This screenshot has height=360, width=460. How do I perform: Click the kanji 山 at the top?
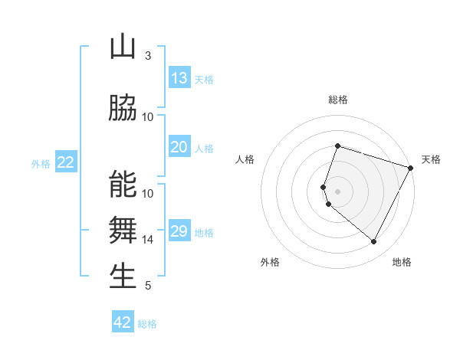pyautogui.click(x=123, y=47)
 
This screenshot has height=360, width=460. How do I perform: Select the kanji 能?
pyautogui.click(x=123, y=185)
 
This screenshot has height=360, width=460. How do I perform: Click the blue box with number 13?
pyautogui.click(x=179, y=78)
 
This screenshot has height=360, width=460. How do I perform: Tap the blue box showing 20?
pyautogui.click(x=179, y=148)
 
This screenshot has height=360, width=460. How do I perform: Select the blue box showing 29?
pyautogui.click(x=179, y=232)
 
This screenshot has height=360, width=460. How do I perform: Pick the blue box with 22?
pyautogui.click(x=66, y=162)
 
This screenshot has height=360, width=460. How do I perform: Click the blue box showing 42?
pyautogui.click(x=123, y=322)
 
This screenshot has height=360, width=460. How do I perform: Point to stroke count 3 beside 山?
pyautogui.click(x=148, y=56)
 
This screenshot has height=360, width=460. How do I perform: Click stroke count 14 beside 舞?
pyautogui.click(x=148, y=240)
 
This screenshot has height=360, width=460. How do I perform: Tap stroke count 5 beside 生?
pyautogui.click(x=148, y=286)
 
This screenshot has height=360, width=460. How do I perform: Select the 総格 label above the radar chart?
pyautogui.click(x=337, y=100)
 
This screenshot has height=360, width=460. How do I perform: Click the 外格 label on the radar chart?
pyautogui.click(x=270, y=262)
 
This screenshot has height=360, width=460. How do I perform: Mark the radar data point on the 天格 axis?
pyautogui.click(x=411, y=168)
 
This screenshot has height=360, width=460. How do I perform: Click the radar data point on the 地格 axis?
pyautogui.click(x=374, y=242)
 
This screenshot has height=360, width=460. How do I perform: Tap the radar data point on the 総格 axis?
pyautogui.click(x=337, y=146)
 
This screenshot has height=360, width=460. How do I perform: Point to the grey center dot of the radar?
pyautogui.click(x=337, y=191)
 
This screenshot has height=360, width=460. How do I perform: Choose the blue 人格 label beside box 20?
pyautogui.click(x=204, y=149)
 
